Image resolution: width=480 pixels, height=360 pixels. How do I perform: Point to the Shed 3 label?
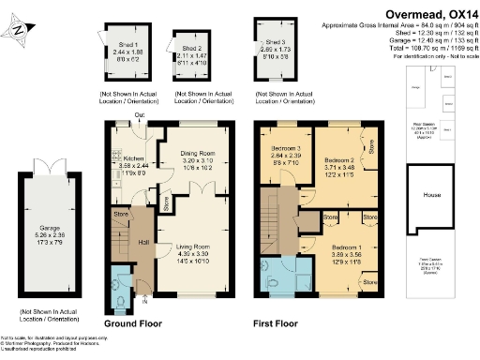click(x=276, y=43)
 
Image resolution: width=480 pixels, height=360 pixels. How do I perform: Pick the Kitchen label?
click(x=134, y=158)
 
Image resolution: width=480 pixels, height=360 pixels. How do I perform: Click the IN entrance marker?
click(x=143, y=302)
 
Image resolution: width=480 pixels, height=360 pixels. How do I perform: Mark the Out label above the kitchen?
click(x=138, y=115)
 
